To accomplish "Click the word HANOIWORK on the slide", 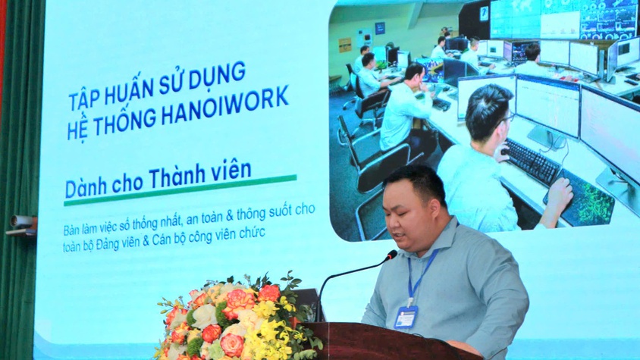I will tap(237, 99).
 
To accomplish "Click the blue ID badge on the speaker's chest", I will tap(406, 317).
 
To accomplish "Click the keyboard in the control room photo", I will tap(531, 159).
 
